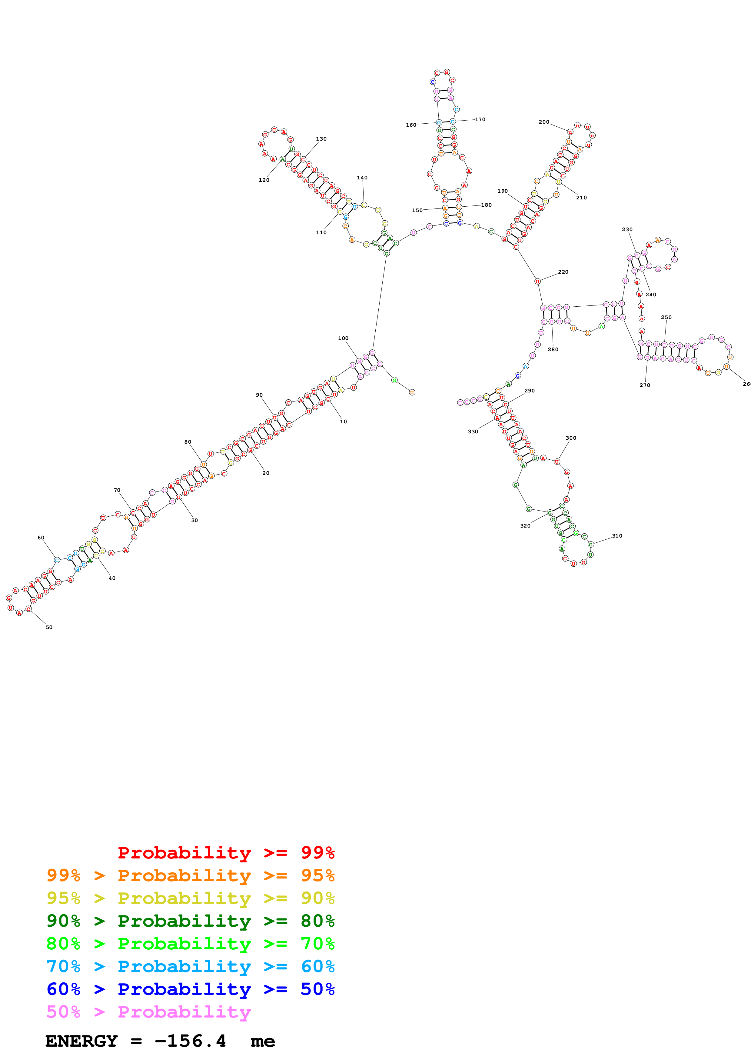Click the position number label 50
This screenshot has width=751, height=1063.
[x=49, y=627]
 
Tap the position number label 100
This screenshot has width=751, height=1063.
[x=343, y=338]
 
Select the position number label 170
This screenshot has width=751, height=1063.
[x=480, y=119]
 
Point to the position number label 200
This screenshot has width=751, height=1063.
[x=544, y=122]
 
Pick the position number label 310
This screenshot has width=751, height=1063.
[x=617, y=536]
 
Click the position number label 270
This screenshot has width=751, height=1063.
[x=645, y=385]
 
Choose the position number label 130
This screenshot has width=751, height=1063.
[x=321, y=139]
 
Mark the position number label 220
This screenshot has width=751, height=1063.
[x=563, y=272]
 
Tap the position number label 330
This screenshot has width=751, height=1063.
[x=472, y=432]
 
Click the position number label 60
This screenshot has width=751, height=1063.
[x=41, y=538]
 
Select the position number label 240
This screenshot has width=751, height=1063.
[x=651, y=295]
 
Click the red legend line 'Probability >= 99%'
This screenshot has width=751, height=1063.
[x=226, y=853]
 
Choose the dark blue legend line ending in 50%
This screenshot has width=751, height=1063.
[x=190, y=989]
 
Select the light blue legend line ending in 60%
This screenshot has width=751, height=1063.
[x=190, y=966]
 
